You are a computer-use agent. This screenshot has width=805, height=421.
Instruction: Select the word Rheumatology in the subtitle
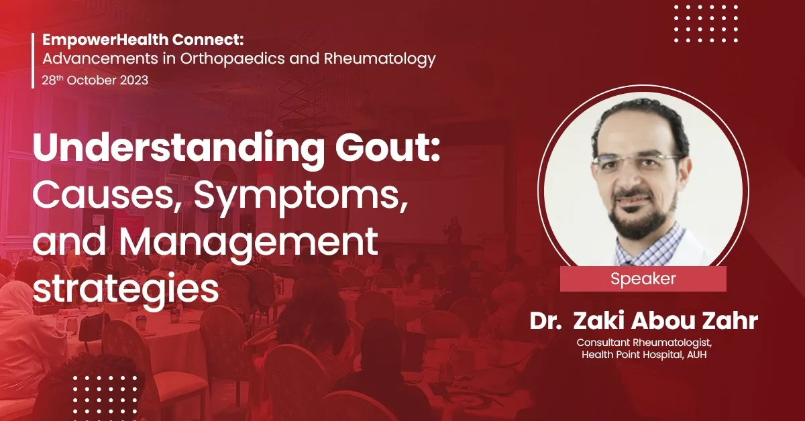point(379,59)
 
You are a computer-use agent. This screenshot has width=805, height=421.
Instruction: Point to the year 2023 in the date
point(131,80)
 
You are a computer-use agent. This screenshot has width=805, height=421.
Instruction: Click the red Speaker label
point(643,278)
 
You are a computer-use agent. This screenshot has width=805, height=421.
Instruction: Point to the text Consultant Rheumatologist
point(643,342)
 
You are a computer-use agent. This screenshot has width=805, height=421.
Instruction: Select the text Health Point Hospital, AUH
point(643,355)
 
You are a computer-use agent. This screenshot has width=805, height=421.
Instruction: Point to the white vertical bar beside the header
point(33,60)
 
